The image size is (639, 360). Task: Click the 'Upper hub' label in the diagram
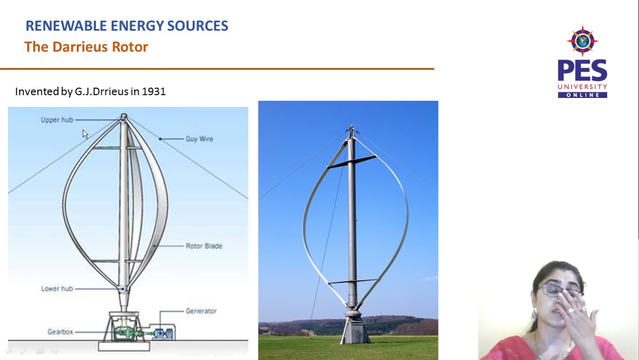pos(57,120)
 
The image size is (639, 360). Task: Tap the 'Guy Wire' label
pos(199,139)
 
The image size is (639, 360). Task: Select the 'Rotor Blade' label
pos(204,246)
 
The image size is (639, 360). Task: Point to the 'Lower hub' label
pos(57,289)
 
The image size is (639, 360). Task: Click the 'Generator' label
pos(201,311)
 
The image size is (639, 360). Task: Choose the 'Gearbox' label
pos(60,332)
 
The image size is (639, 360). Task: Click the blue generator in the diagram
pos(164,333)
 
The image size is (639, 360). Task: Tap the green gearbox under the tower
pos(125,332)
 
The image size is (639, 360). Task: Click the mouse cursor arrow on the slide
pos(85,134)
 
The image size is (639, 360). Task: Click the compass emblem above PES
pos(582,41)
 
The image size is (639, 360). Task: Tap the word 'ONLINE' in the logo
pos(582,95)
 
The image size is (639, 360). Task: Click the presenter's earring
pos(534,313)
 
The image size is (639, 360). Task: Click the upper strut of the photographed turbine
pos(351,162)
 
